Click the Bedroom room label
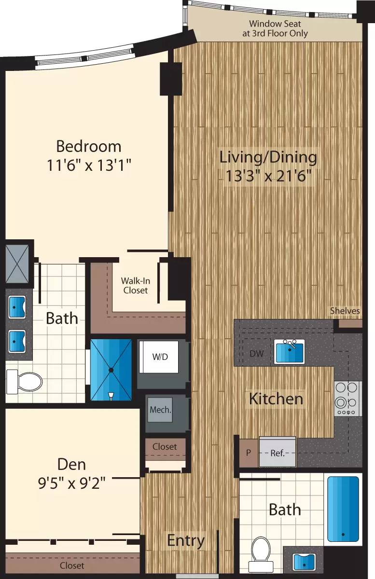(x=89, y=146)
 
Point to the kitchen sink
(x=289, y=351)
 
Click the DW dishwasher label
(x=256, y=354)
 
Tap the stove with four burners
(x=347, y=399)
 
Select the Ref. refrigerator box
(x=277, y=453)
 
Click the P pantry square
(x=249, y=453)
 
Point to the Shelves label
(x=345, y=311)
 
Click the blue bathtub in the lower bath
(x=343, y=509)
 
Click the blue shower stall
(x=111, y=370)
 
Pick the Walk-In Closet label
(x=135, y=286)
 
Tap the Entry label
(x=186, y=540)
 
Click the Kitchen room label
(x=276, y=399)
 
